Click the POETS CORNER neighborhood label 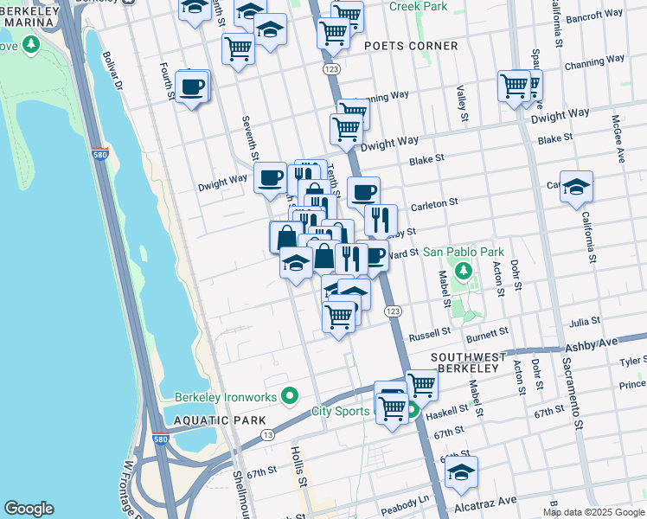(411, 46)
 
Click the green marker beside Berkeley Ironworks (290, 397)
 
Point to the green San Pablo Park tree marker (464, 272)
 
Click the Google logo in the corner (29, 509)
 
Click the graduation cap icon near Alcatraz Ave (462, 472)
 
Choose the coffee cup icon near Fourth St (191, 86)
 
